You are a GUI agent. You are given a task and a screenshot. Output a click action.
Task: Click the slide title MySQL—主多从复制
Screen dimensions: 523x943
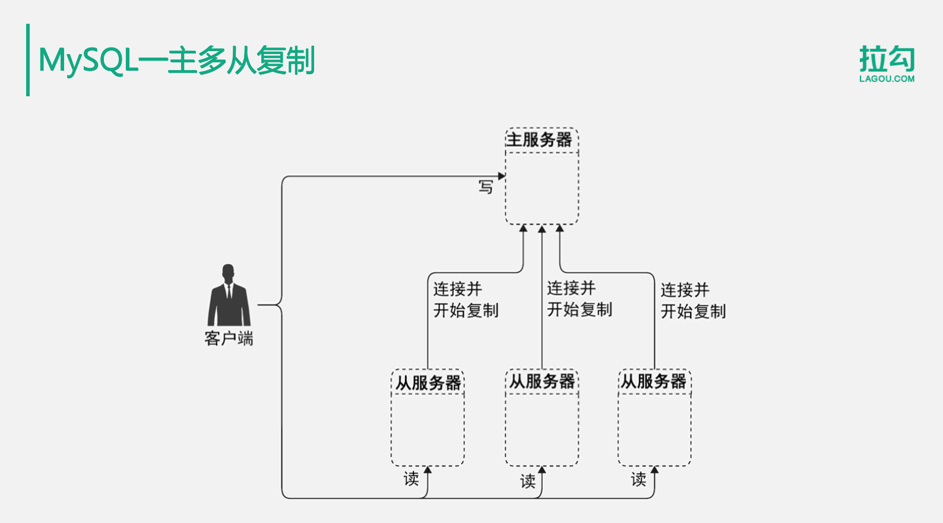pos(176,61)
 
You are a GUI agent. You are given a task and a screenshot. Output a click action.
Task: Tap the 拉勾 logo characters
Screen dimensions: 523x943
pos(887,59)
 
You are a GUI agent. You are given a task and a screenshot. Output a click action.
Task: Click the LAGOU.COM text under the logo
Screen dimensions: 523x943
pos(887,78)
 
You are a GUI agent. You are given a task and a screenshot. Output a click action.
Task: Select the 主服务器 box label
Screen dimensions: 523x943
pos(539,140)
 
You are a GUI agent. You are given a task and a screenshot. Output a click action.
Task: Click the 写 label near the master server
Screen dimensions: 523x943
pos(486,187)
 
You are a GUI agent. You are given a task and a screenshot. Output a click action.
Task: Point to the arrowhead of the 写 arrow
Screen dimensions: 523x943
pos(502,176)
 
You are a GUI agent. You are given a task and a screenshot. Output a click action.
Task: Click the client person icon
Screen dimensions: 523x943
pos(229,295)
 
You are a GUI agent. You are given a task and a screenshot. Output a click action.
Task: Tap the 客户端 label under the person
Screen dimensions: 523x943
pos(229,339)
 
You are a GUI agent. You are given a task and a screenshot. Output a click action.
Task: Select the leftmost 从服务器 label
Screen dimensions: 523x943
pos(428,383)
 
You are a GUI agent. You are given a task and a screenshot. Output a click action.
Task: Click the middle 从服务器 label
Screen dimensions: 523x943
pos(542,382)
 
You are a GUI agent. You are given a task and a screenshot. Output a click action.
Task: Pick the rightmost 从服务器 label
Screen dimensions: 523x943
pos(654,382)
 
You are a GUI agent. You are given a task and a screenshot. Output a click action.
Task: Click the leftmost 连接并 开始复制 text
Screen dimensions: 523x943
pos(466,300)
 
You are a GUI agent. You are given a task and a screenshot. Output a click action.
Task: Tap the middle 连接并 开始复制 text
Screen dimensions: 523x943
pos(579,299)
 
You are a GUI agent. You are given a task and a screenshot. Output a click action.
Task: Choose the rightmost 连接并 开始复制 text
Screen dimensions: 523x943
pos(693,301)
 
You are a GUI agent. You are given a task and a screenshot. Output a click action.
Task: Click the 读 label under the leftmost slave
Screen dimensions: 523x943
pos(411,478)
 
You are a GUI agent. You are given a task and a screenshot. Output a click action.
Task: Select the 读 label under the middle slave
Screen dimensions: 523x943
pos(528,481)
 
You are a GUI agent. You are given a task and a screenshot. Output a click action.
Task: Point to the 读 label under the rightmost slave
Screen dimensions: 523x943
pos(638,479)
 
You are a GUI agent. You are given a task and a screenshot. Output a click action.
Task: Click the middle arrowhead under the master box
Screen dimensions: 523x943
pos(542,229)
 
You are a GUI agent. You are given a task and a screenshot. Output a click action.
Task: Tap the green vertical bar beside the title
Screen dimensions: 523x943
pos(28,60)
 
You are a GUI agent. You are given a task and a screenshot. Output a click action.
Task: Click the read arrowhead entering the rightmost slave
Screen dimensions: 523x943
pos(654,470)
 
